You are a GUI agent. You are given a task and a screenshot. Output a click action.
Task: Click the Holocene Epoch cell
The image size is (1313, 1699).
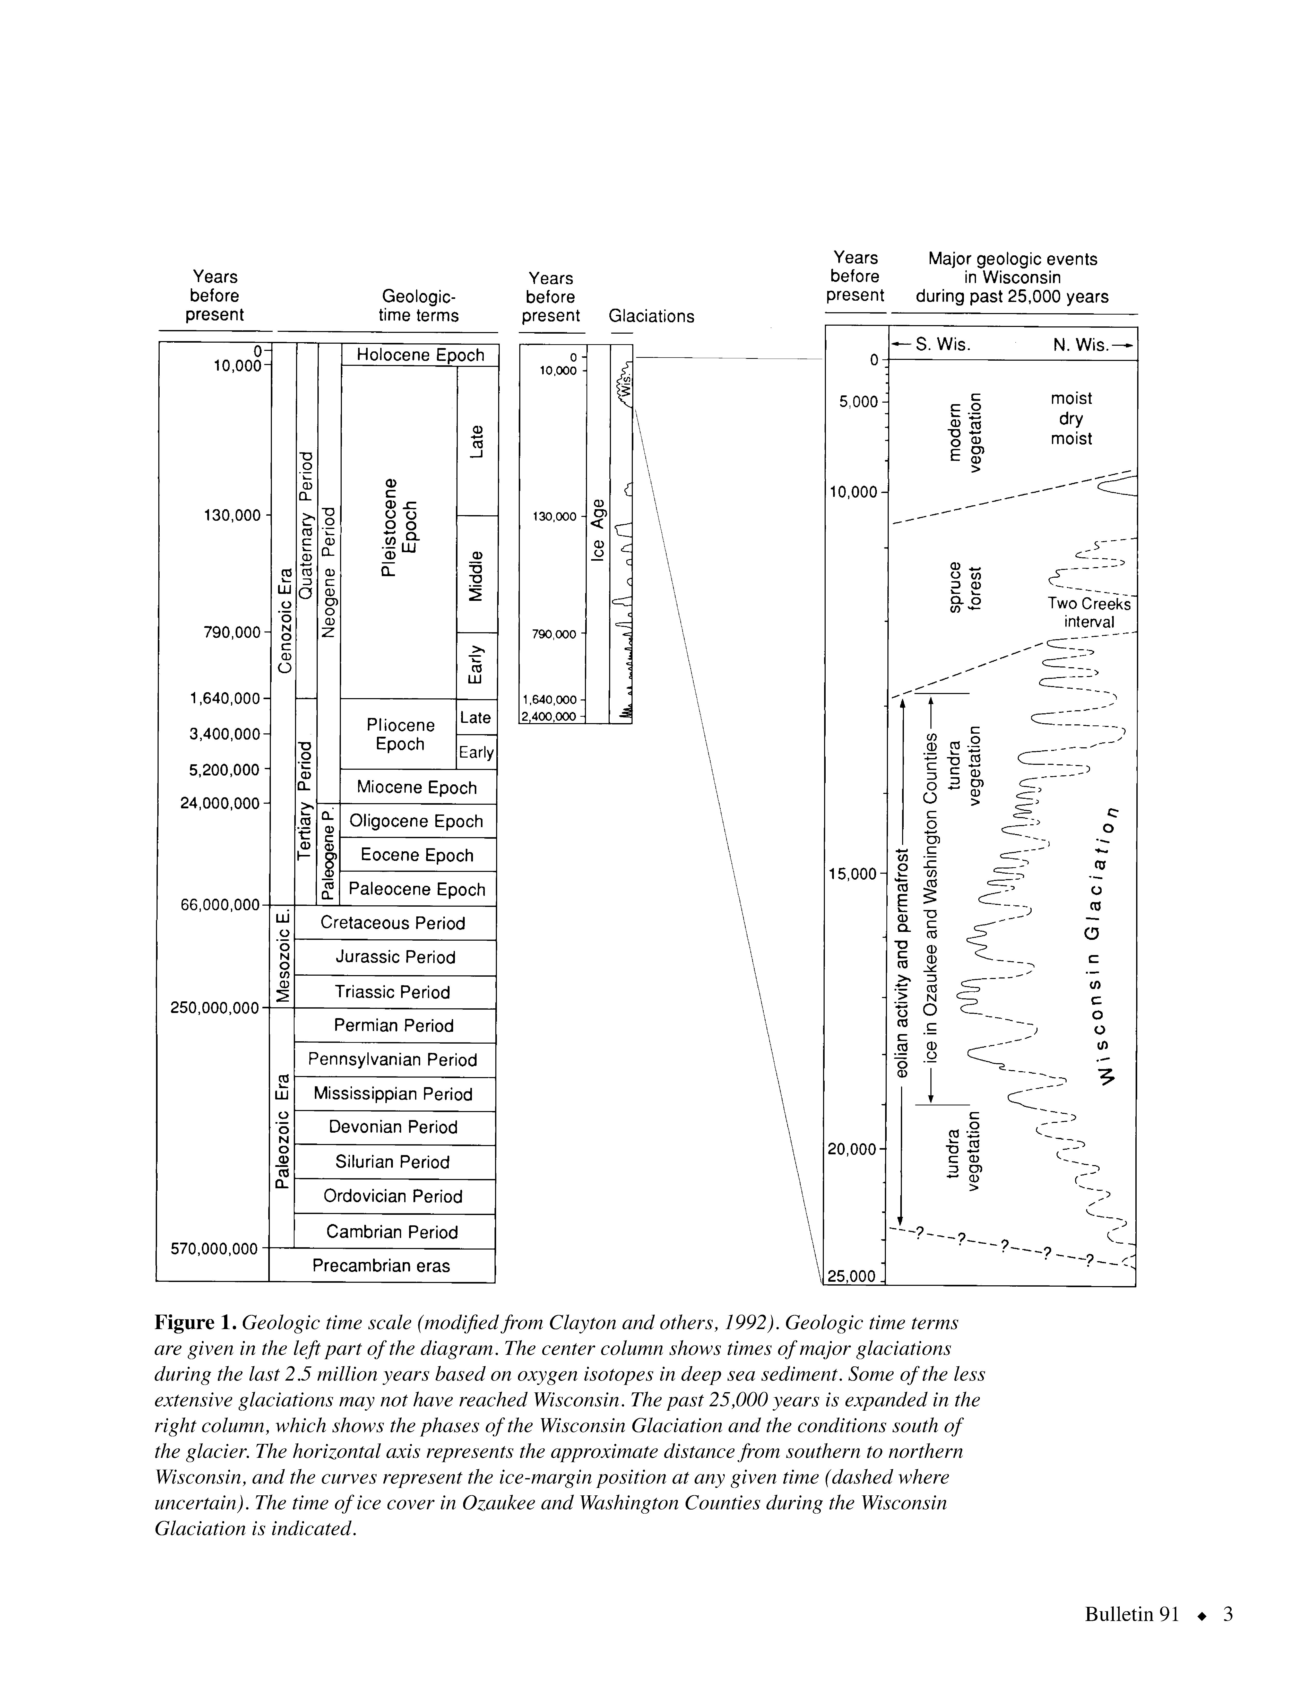tap(420, 356)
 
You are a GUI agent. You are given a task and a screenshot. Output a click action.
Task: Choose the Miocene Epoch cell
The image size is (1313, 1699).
tap(417, 787)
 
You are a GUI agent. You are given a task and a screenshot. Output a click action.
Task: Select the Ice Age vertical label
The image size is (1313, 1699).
tap(598, 529)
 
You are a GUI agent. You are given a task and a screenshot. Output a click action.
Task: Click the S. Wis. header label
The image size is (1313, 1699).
tap(943, 345)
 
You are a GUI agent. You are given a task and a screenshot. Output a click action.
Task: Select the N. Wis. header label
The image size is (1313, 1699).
tap(1081, 345)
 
